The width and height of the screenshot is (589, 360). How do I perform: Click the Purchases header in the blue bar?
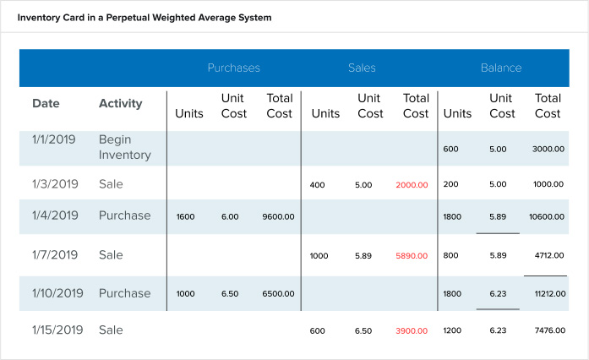tap(234, 68)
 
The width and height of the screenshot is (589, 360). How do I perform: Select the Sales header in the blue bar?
tap(362, 68)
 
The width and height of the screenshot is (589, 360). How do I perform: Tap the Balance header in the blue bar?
tap(501, 68)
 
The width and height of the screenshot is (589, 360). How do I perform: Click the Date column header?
tap(46, 104)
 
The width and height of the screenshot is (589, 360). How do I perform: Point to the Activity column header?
tap(121, 104)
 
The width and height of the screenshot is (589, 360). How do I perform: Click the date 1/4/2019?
tap(55, 215)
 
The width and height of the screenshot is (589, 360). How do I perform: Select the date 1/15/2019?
tap(57, 330)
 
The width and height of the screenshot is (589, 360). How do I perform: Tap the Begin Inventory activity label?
tap(124, 147)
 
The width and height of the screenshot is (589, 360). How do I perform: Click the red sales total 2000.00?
tap(412, 184)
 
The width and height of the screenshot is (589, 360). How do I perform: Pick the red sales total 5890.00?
tap(412, 255)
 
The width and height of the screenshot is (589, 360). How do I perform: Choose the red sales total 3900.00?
tap(412, 330)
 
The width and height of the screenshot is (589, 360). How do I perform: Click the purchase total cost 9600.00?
tap(279, 216)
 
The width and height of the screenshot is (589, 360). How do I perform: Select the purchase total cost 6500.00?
tap(279, 294)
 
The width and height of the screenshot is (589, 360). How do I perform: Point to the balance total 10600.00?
tap(547, 216)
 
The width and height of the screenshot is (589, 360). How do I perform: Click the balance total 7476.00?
tap(548, 330)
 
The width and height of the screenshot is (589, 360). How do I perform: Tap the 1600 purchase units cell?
tap(185, 216)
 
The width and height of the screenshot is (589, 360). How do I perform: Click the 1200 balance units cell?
tap(453, 330)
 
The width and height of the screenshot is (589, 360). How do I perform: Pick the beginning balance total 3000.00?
tap(548, 149)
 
